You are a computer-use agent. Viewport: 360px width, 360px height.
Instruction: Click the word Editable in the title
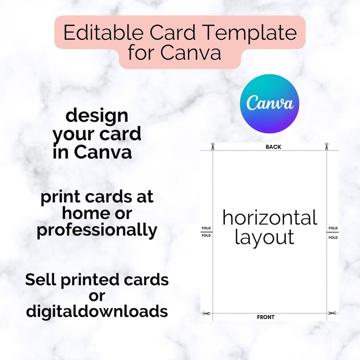[103, 33]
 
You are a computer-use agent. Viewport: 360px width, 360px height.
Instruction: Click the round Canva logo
[269, 104]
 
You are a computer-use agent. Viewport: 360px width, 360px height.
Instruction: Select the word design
[97, 116]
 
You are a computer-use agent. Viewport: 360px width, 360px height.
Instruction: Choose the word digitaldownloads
[97, 311]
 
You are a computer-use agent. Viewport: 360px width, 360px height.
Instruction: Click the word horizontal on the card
[270, 218]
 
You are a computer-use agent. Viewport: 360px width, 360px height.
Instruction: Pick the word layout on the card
[264, 237]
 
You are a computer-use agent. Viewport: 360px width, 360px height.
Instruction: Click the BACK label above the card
[273, 147]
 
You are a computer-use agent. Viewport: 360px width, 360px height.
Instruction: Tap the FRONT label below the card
[266, 317]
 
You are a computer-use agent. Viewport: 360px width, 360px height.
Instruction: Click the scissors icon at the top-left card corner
[213, 147]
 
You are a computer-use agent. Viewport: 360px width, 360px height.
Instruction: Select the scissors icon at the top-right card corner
[327, 147]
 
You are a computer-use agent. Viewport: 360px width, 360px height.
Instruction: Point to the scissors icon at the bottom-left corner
[206, 314]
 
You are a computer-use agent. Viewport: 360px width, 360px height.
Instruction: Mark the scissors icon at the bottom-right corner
[332, 313]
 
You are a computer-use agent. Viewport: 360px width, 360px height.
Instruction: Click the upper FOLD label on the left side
[206, 228]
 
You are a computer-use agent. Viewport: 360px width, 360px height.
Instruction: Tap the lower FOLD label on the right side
[333, 237]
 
